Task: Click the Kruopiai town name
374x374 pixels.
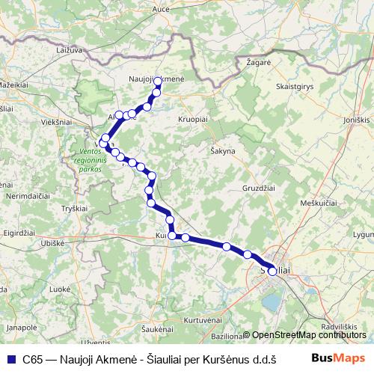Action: [194, 119]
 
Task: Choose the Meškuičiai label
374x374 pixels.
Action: [319, 203]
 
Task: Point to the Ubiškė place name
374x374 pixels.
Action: [52, 243]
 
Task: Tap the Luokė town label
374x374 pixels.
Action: [59, 288]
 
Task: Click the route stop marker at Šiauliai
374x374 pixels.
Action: [272, 272]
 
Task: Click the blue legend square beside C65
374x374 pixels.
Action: [10, 358]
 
